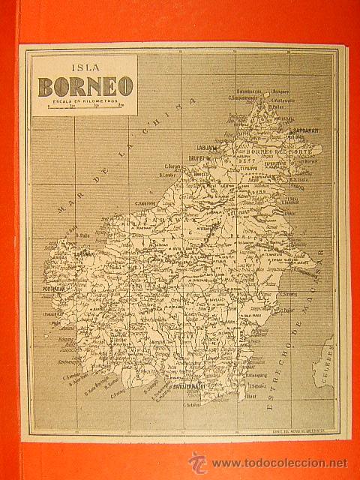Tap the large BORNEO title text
85,85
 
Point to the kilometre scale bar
85,109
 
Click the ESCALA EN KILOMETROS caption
85,101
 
